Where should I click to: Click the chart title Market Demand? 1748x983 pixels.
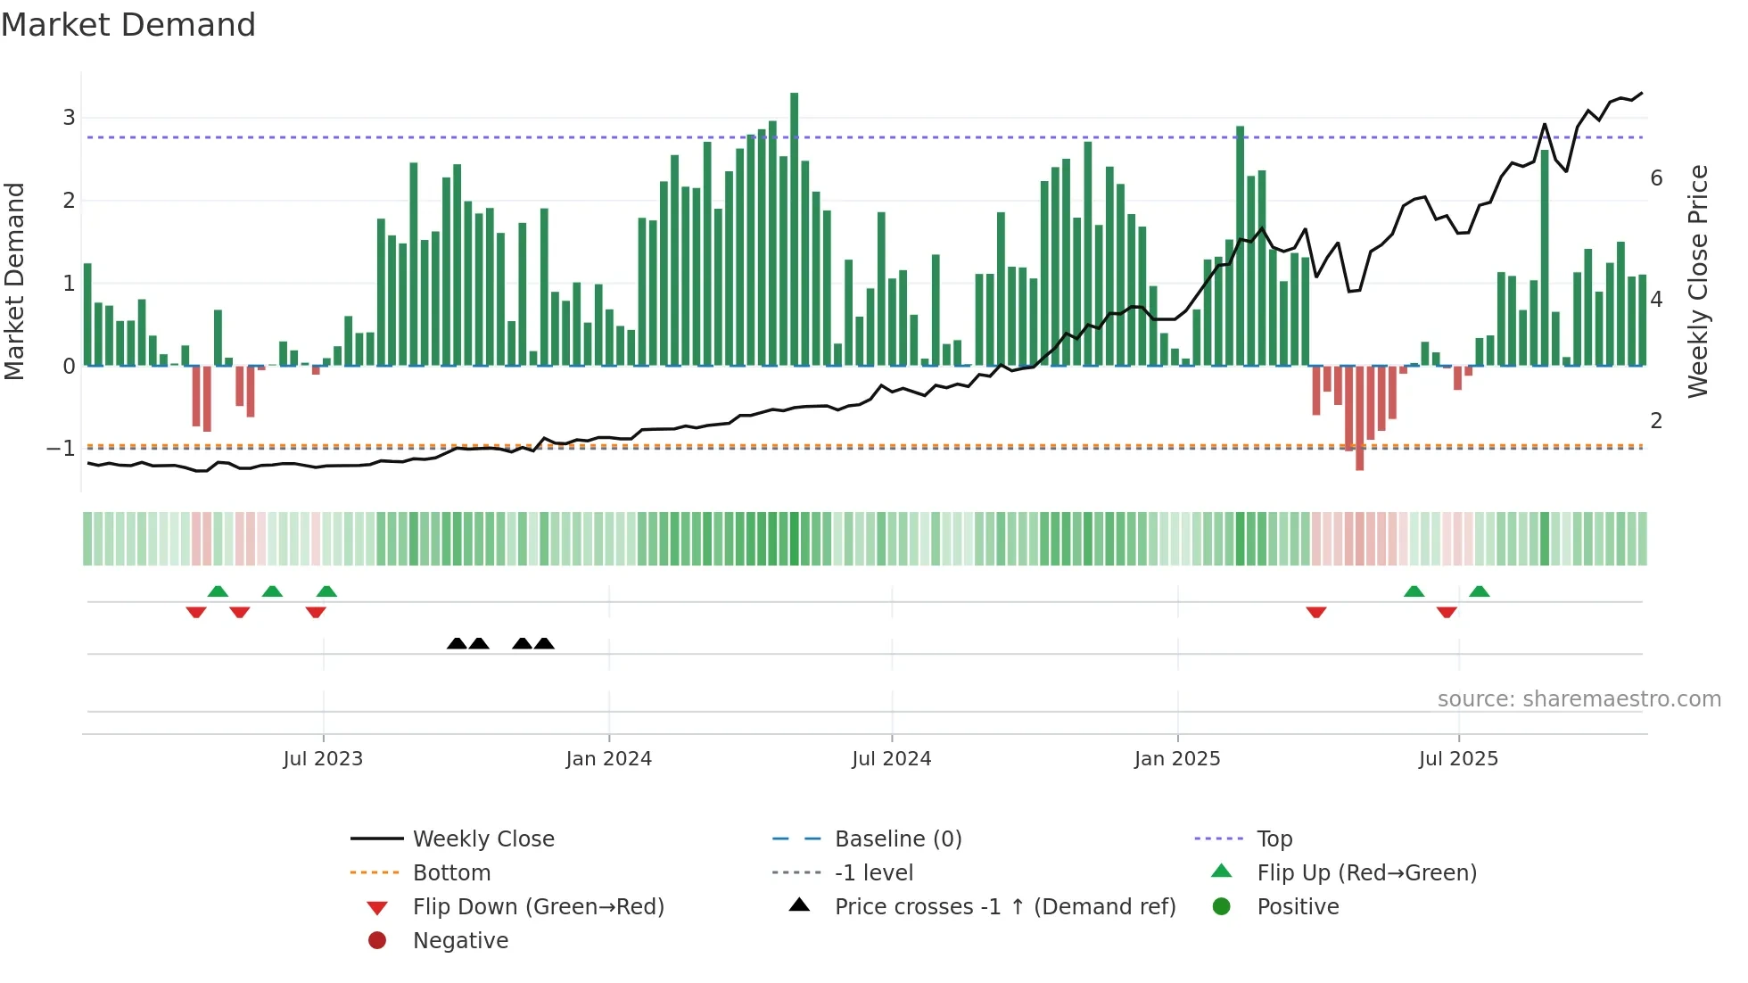click(128, 25)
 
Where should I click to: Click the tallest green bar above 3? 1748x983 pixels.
click(794, 227)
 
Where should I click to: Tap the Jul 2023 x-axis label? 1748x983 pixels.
click(323, 759)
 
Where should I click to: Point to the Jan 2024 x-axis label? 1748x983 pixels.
click(609, 759)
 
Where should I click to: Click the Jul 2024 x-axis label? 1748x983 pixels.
click(891, 759)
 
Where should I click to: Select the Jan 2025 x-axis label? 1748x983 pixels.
click(1177, 759)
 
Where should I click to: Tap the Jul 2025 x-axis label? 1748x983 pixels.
click(1458, 759)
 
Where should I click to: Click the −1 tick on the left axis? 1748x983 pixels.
click(61, 449)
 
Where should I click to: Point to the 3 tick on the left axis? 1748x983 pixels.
click(69, 118)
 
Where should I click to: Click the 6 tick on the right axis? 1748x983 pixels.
click(1656, 178)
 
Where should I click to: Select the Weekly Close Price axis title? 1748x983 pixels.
click(1698, 281)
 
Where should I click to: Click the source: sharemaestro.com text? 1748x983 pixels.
click(1579, 699)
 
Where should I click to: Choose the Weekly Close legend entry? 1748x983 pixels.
click(482, 839)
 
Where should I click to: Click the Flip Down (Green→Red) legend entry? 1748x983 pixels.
click(538, 907)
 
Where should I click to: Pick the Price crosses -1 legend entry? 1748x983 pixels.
click(1004, 907)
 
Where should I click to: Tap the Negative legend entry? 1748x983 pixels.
click(460, 941)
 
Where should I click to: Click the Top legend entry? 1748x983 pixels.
click(1274, 839)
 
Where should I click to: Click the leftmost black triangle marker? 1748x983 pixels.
click(457, 643)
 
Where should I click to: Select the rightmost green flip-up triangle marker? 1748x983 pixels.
click(1480, 591)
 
